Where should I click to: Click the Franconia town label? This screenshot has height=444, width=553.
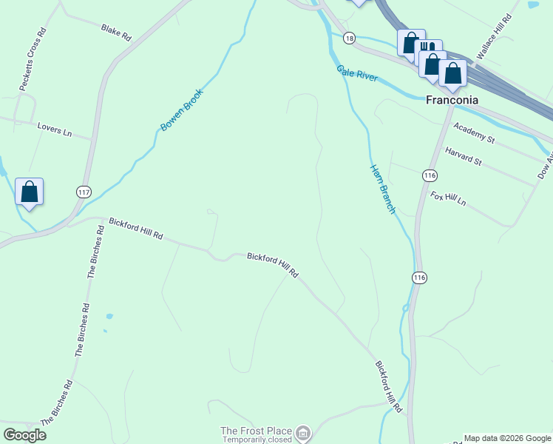click(x=452, y=100)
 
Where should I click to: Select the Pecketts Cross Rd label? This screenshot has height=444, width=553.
click(x=33, y=60)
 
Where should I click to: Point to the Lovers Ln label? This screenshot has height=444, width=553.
click(x=55, y=129)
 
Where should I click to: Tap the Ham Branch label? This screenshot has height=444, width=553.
click(x=383, y=189)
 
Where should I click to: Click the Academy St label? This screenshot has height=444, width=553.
click(x=474, y=132)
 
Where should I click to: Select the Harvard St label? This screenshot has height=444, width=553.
click(x=464, y=156)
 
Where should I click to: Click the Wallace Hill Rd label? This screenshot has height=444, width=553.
click(x=495, y=36)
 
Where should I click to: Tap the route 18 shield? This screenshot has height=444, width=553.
click(x=350, y=38)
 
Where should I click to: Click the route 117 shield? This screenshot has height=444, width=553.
click(x=83, y=192)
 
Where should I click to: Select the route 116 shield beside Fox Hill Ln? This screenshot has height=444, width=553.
click(x=430, y=175)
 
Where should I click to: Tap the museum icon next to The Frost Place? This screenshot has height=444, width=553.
click(x=303, y=432)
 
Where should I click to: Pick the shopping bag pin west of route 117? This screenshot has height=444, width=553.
click(x=30, y=192)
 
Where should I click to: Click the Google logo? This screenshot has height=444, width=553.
click(x=24, y=435)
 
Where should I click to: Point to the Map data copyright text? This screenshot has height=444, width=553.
click(x=507, y=438)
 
